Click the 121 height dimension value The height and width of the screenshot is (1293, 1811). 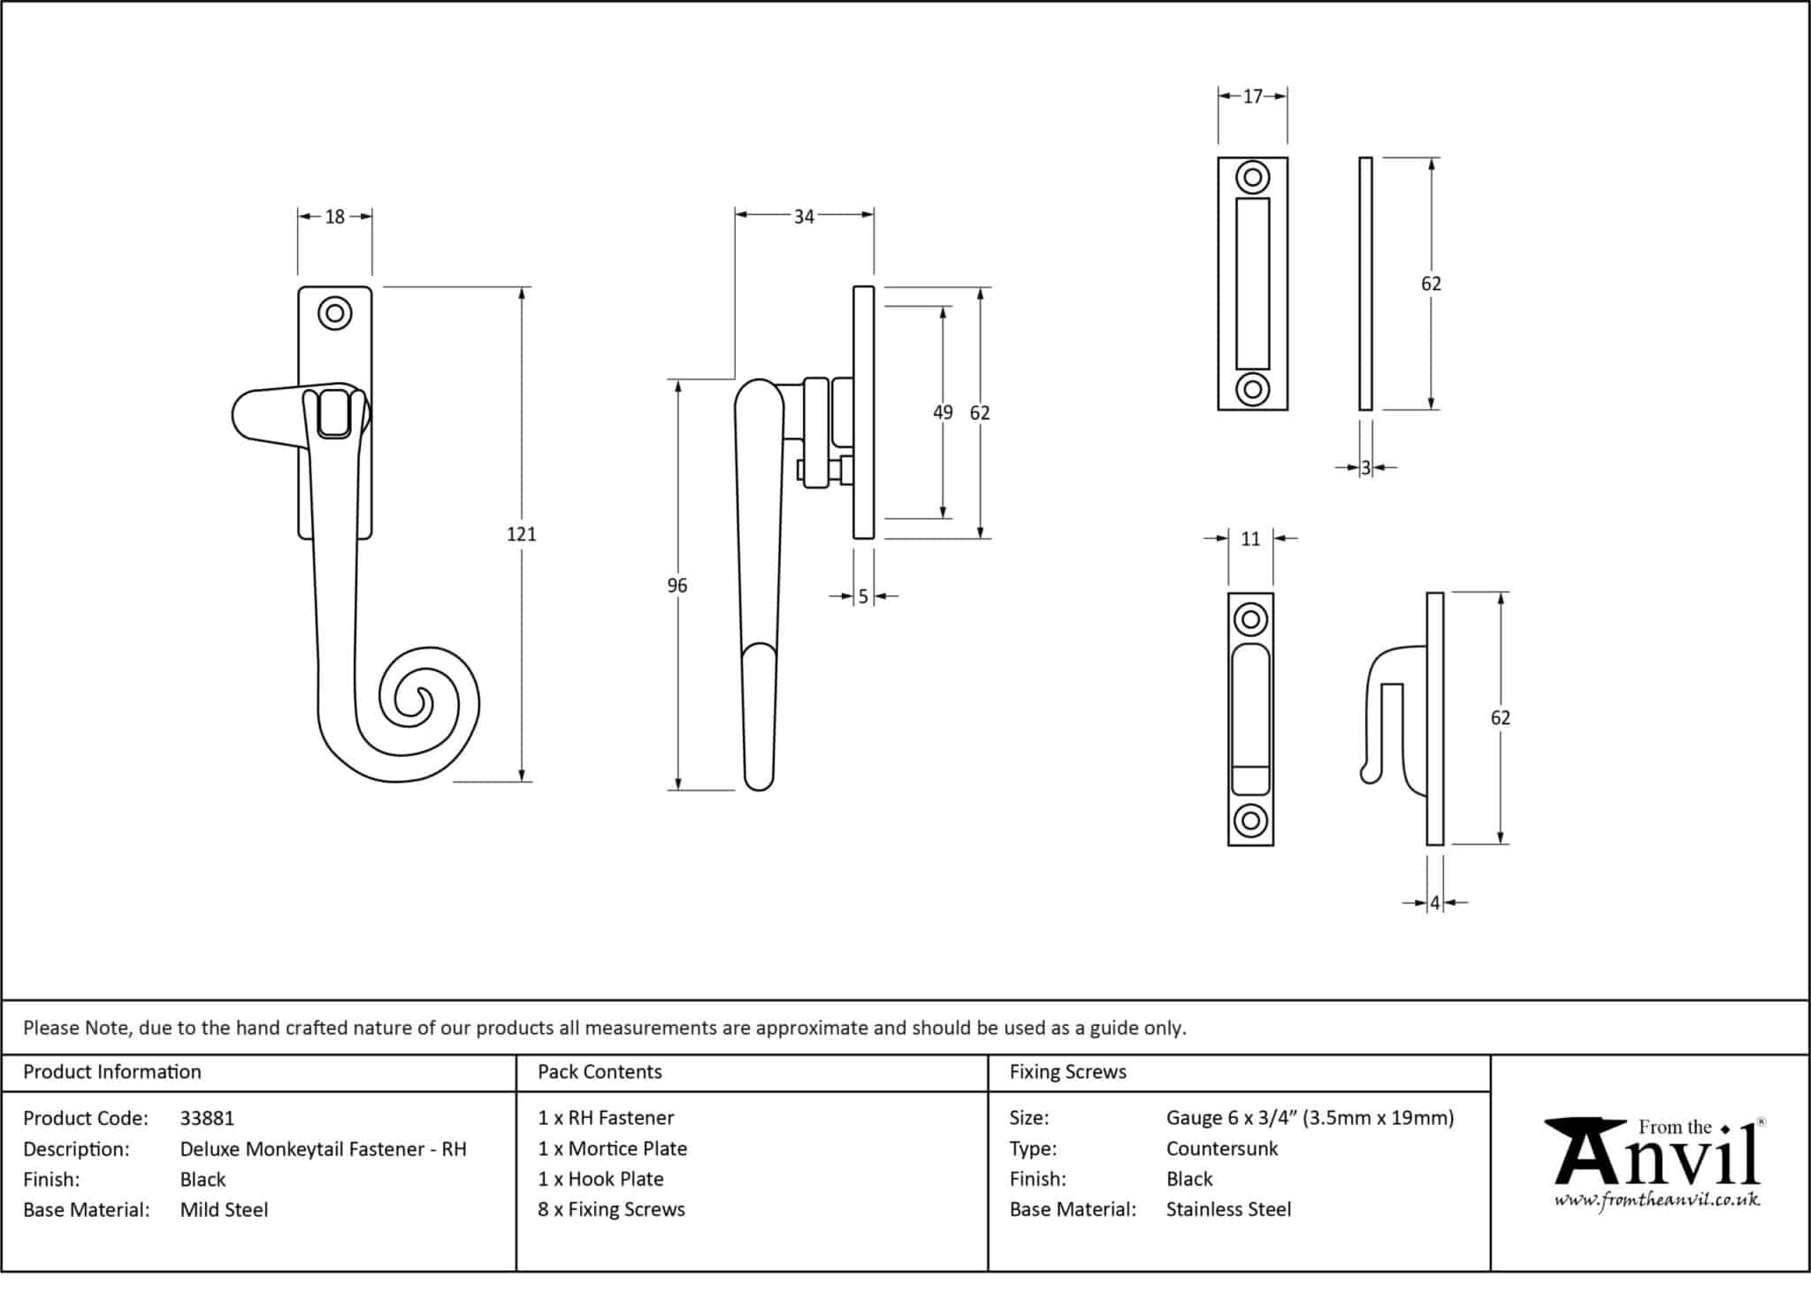[521, 534]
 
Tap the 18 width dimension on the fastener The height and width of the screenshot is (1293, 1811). [334, 217]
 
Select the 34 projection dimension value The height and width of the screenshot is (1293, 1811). [803, 217]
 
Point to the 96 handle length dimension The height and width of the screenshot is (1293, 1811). [676, 585]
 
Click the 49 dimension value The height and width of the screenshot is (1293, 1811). [943, 412]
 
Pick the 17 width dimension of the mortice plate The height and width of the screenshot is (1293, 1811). [1252, 96]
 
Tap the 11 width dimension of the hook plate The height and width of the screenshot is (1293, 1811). [1249, 539]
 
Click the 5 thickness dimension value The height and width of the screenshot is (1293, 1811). [863, 597]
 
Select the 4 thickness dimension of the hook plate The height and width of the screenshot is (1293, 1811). [1434, 903]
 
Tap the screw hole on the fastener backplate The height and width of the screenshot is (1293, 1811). [334, 313]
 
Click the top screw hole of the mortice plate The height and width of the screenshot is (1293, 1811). [1252, 178]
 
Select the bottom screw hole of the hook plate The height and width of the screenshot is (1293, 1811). [1249, 821]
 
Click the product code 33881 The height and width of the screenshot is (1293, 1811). [207, 1118]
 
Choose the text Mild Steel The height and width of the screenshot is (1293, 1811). [224, 1209]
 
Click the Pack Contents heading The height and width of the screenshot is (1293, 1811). [600, 1072]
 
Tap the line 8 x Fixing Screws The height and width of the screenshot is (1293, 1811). [611, 1209]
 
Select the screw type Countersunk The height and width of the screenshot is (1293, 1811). [1222, 1149]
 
